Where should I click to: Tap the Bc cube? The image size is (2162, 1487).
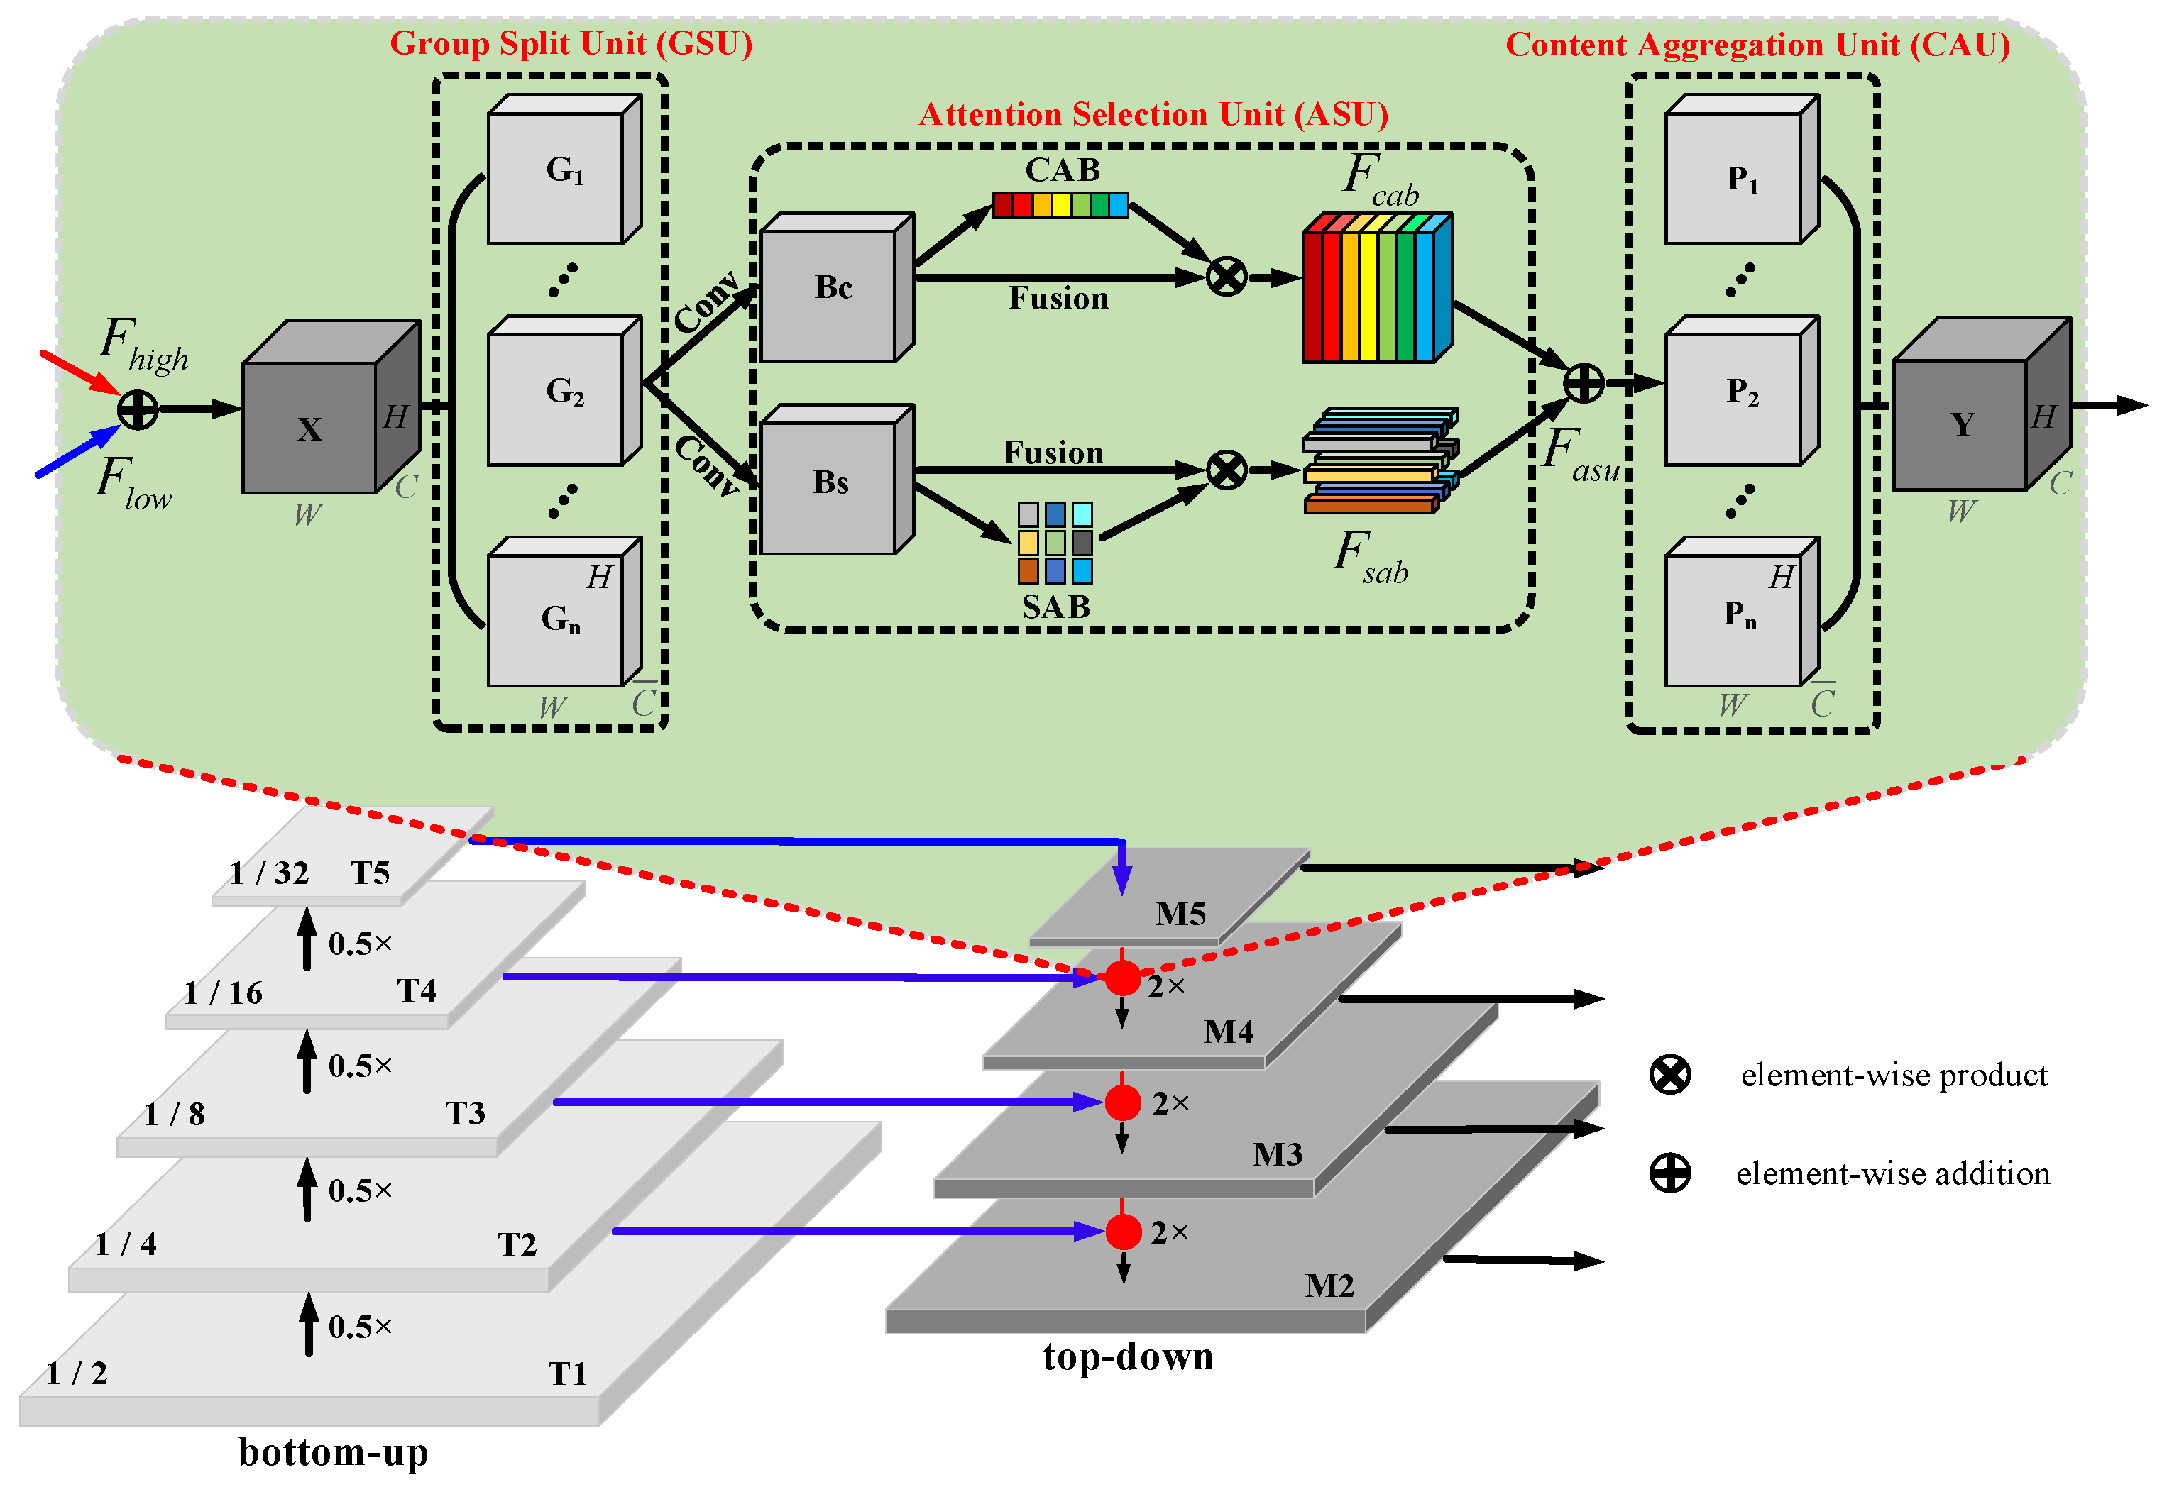[x=830, y=294]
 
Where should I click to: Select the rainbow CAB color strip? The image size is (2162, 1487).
[x=1060, y=205]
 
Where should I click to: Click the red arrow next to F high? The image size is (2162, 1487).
[x=79, y=372]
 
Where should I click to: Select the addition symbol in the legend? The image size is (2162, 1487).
[x=1670, y=1173]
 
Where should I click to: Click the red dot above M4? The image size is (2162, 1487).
[x=1123, y=978]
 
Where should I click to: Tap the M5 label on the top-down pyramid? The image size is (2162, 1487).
[x=1180, y=914]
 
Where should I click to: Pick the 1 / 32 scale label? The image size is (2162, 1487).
[x=269, y=873]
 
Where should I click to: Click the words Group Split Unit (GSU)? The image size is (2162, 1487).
[x=571, y=44]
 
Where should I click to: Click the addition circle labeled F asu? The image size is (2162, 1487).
[x=1584, y=383]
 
